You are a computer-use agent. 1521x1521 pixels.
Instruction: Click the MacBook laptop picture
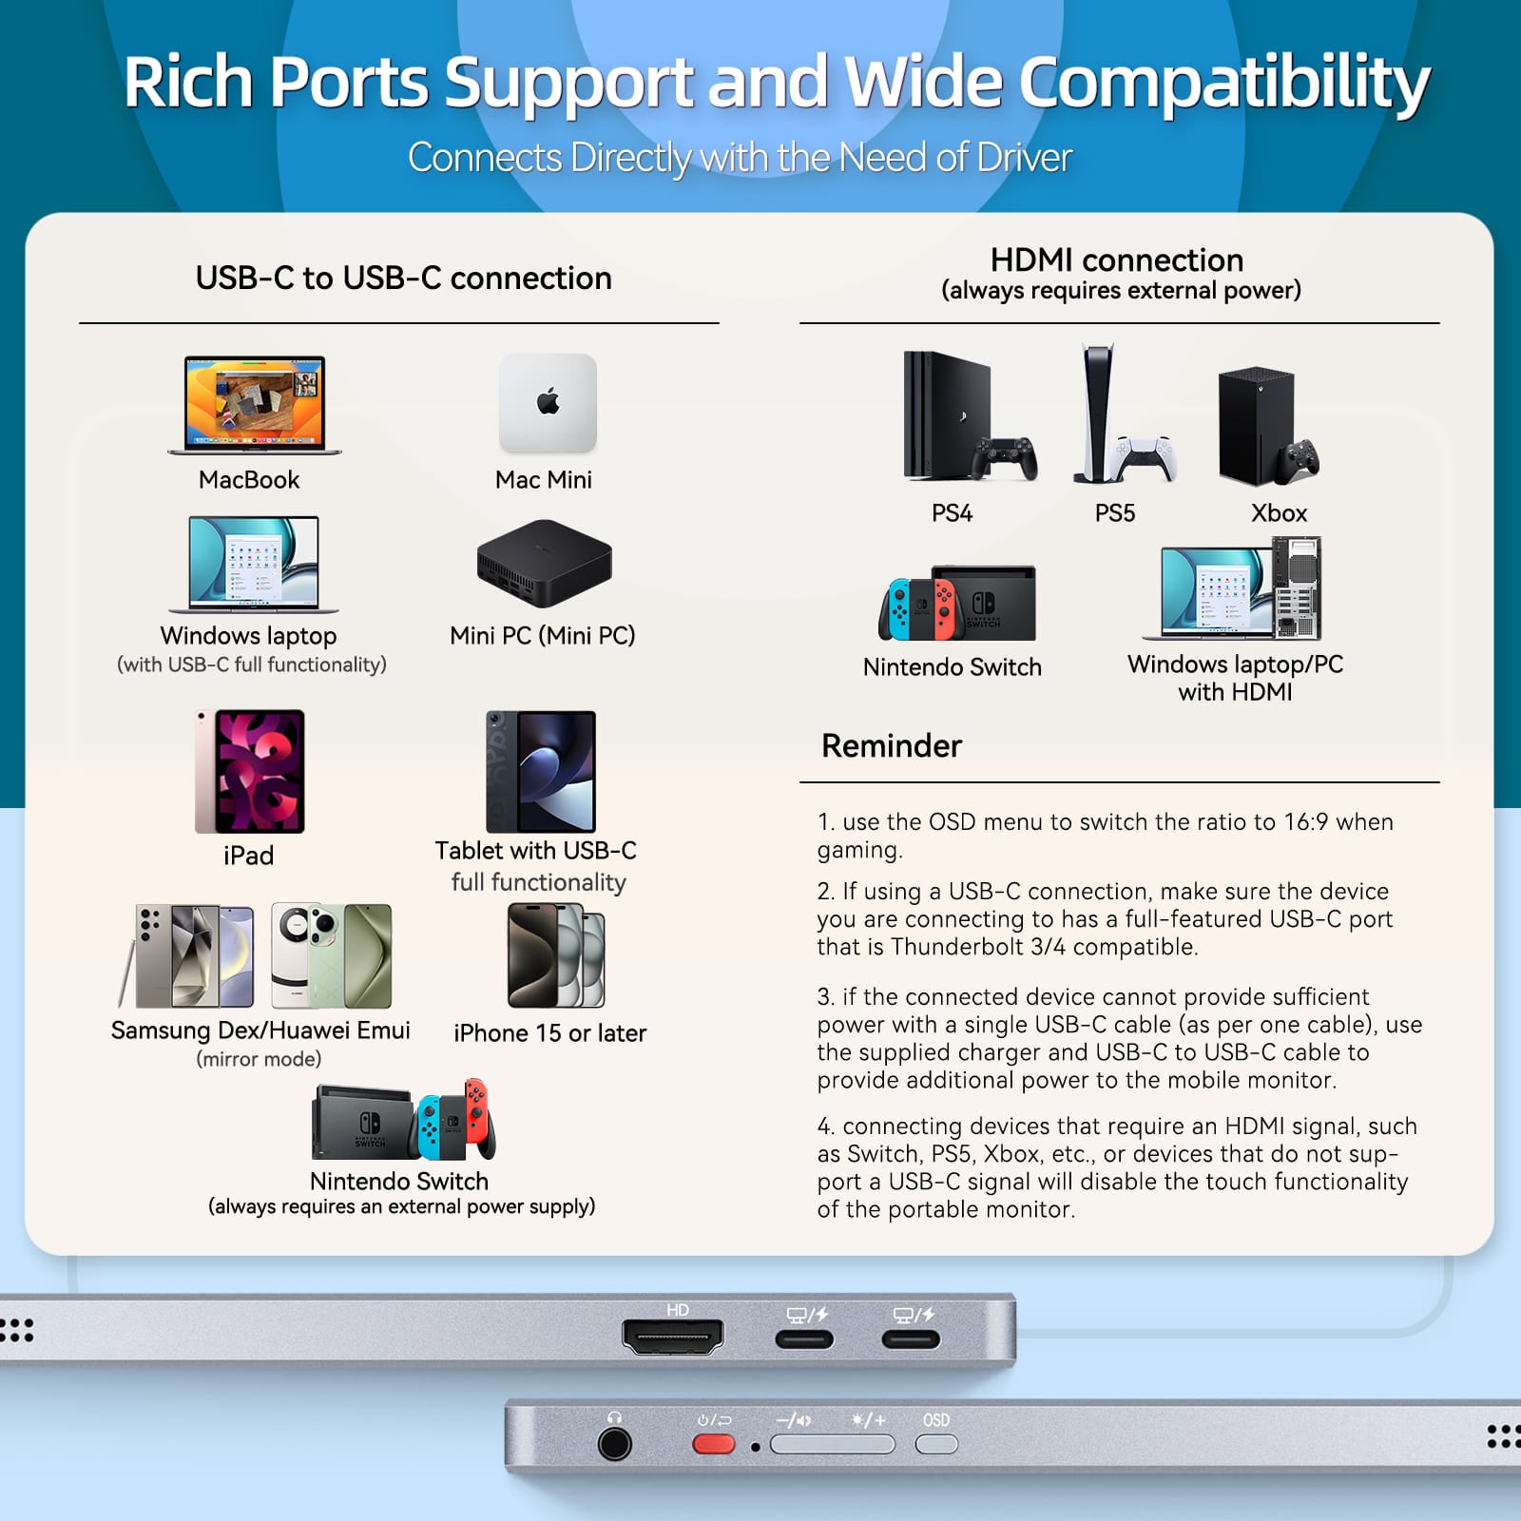[x=254, y=405]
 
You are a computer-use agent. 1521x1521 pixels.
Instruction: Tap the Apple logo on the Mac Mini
[x=549, y=401]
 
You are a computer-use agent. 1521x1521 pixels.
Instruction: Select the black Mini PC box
[x=544, y=563]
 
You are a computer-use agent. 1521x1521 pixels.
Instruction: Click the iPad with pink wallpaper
[x=250, y=771]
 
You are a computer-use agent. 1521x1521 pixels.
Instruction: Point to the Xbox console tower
[x=1257, y=426]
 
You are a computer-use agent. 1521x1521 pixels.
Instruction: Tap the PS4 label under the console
[x=952, y=513]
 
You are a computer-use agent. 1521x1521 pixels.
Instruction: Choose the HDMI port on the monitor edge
[x=673, y=1337]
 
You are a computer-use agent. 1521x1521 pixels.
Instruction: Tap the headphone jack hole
[x=615, y=1444]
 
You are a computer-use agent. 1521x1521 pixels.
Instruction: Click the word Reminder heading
[x=892, y=746]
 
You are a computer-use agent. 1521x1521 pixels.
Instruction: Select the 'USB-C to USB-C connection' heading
[x=404, y=278]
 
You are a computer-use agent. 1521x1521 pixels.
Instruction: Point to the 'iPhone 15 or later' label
[x=550, y=1033]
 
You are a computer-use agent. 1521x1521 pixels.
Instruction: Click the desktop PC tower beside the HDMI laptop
[x=1297, y=587]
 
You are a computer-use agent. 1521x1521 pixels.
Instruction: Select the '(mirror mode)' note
[x=259, y=1059]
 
